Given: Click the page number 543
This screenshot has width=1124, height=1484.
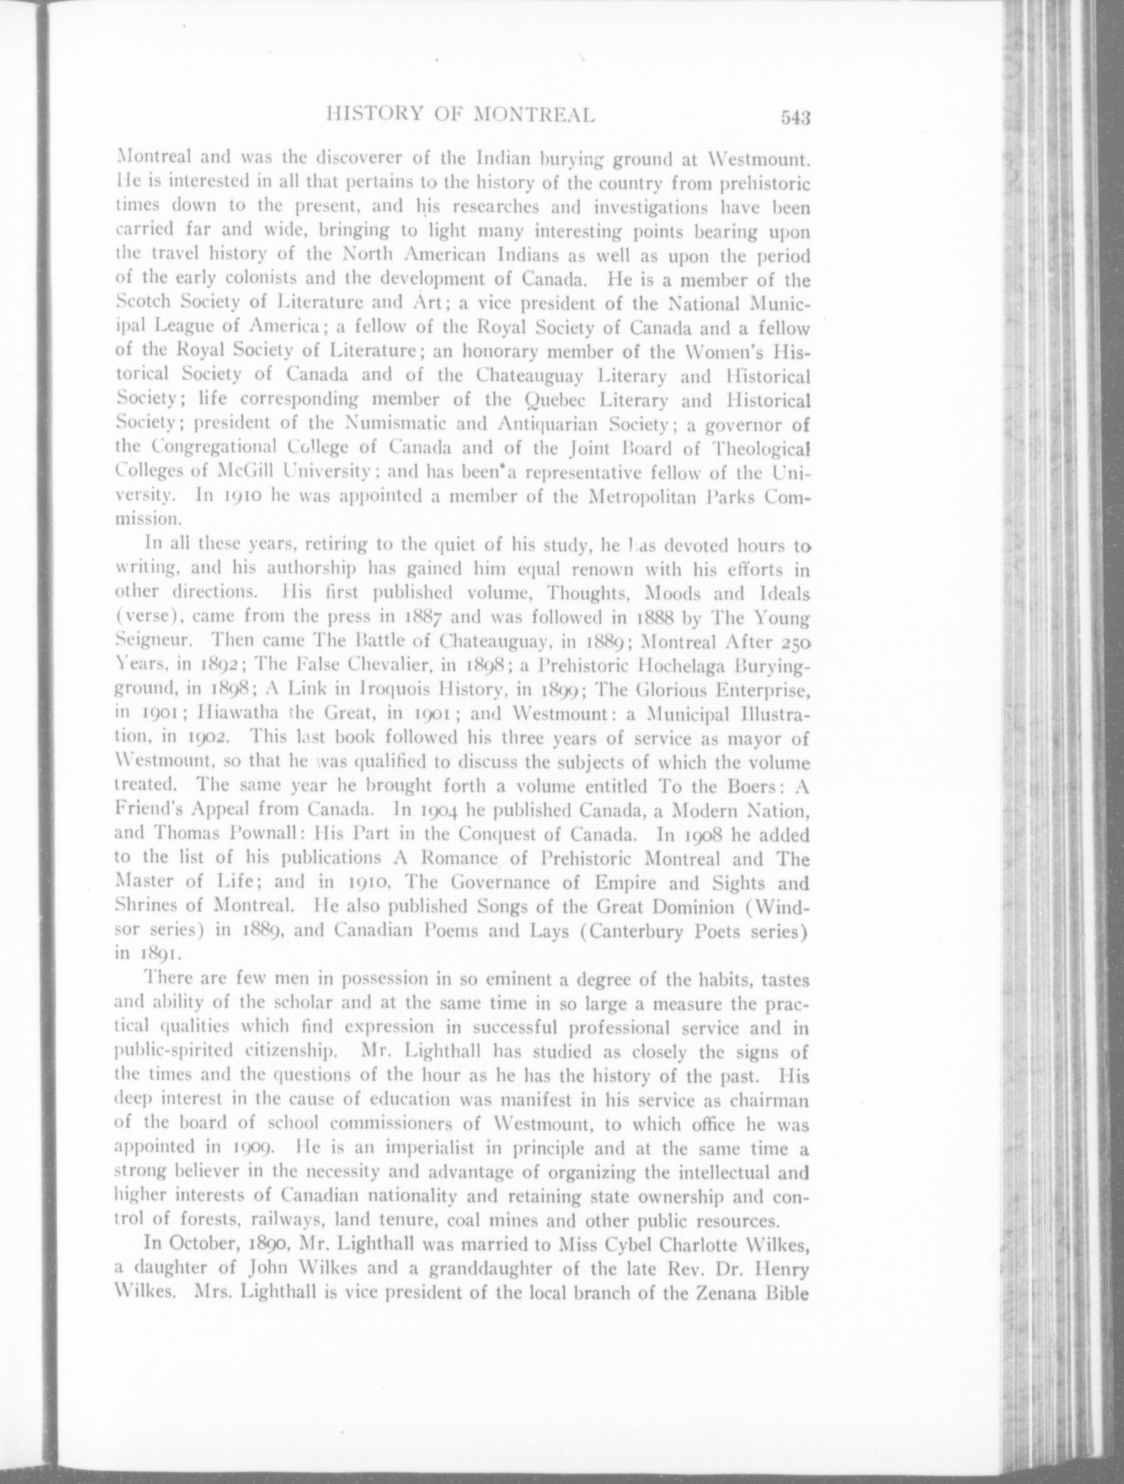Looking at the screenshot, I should [x=797, y=117].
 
